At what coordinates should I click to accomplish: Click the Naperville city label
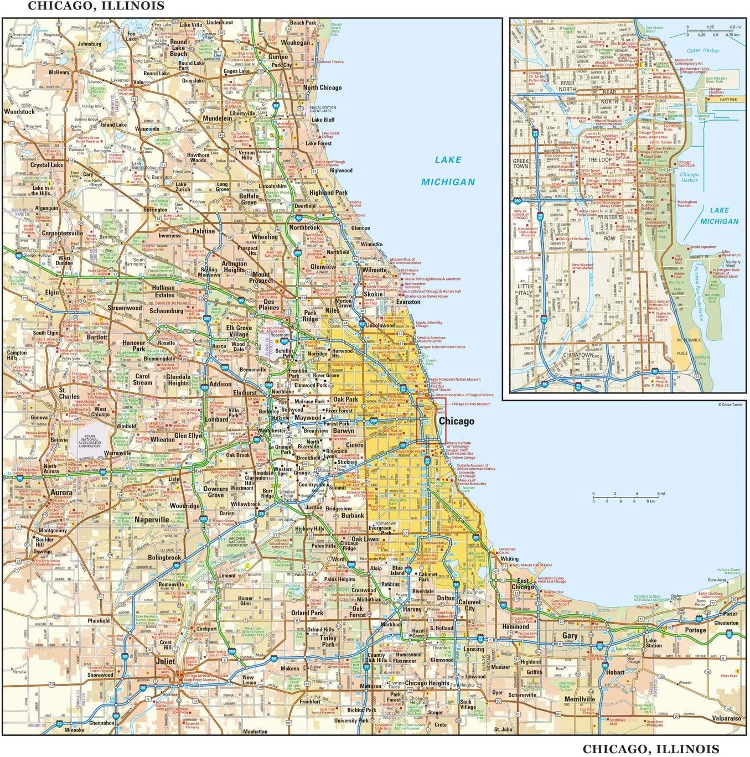(x=152, y=520)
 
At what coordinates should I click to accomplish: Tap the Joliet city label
(x=165, y=661)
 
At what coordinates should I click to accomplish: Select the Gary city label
(x=570, y=636)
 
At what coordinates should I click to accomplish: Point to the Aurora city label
(x=61, y=492)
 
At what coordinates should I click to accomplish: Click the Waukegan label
(x=295, y=43)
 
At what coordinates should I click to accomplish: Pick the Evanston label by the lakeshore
(x=408, y=302)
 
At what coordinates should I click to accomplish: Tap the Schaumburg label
(x=166, y=311)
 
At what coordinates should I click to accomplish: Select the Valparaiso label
(x=726, y=718)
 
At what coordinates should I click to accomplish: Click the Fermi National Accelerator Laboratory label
(x=90, y=442)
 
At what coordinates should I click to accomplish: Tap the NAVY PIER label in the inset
(x=728, y=100)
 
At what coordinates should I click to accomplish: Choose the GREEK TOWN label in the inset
(x=520, y=163)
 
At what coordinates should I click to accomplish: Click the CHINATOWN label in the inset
(x=578, y=355)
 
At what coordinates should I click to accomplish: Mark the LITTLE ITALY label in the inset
(x=525, y=289)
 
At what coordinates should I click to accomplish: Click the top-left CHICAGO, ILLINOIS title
(x=96, y=6)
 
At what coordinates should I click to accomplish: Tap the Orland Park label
(x=307, y=613)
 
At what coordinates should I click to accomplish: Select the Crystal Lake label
(x=46, y=165)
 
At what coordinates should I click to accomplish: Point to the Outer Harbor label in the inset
(x=703, y=50)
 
